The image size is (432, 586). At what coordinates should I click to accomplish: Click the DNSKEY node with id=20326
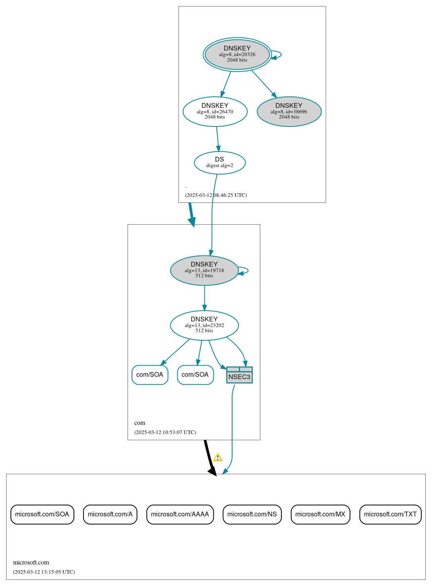(x=237, y=55)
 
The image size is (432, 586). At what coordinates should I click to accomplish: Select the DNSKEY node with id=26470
(x=215, y=112)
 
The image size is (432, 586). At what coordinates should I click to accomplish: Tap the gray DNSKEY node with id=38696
(x=289, y=112)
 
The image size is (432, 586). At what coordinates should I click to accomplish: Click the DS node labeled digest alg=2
(x=220, y=163)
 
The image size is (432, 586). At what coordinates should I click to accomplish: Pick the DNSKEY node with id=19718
(x=204, y=271)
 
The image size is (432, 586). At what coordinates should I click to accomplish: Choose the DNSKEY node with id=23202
(x=204, y=325)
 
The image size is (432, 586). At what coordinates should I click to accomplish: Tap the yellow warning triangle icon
(x=217, y=458)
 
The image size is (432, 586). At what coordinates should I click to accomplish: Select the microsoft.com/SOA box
(x=42, y=514)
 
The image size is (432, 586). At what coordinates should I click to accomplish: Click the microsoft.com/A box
(x=110, y=514)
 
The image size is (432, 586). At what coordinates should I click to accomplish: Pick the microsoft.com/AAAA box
(x=180, y=514)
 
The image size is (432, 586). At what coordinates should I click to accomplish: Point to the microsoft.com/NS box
(x=252, y=514)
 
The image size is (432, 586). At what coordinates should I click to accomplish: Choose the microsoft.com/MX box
(x=320, y=514)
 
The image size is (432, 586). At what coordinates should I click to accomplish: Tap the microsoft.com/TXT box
(x=390, y=514)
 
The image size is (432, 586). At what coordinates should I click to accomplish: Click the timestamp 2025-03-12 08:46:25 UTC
(x=216, y=195)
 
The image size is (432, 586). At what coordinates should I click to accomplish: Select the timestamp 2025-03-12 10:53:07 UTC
(x=165, y=432)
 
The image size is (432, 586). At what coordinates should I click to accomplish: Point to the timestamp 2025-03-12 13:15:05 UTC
(x=44, y=572)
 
